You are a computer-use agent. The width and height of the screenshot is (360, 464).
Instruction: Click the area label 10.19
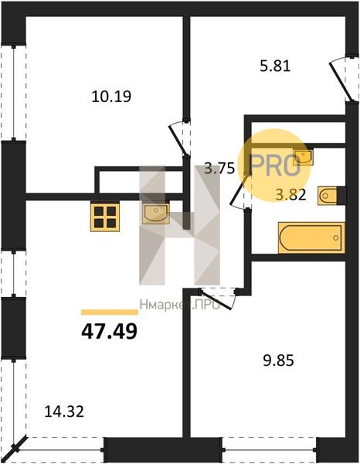tap(111, 97)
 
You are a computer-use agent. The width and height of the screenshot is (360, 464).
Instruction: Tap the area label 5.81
tap(275, 66)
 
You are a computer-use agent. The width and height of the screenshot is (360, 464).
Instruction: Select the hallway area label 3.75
tap(219, 169)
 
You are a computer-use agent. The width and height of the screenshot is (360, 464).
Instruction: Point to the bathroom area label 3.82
tap(290, 195)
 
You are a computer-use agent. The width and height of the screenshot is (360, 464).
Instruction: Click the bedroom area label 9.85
tap(278, 360)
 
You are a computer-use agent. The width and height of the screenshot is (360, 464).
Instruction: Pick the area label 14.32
tap(64, 411)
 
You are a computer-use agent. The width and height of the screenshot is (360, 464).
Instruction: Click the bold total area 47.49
tap(110, 331)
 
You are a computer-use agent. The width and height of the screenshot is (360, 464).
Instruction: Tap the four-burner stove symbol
tap(105, 217)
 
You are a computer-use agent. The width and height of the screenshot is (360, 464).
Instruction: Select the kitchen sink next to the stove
tap(156, 213)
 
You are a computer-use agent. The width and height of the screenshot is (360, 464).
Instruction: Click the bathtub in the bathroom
tap(311, 237)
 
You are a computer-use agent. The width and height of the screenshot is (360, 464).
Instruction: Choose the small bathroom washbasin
tap(303, 157)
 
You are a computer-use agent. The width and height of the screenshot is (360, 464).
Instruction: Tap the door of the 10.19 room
tap(179, 139)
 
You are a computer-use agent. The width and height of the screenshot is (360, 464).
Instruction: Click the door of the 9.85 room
tap(217, 299)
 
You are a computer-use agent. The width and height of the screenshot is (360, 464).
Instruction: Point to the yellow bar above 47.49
tap(110, 312)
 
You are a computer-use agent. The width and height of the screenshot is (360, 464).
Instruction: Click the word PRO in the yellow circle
tap(275, 165)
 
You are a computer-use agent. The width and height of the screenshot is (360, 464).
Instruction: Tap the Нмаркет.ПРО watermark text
tap(180, 305)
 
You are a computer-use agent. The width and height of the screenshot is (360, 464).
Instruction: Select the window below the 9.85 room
tap(269, 450)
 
